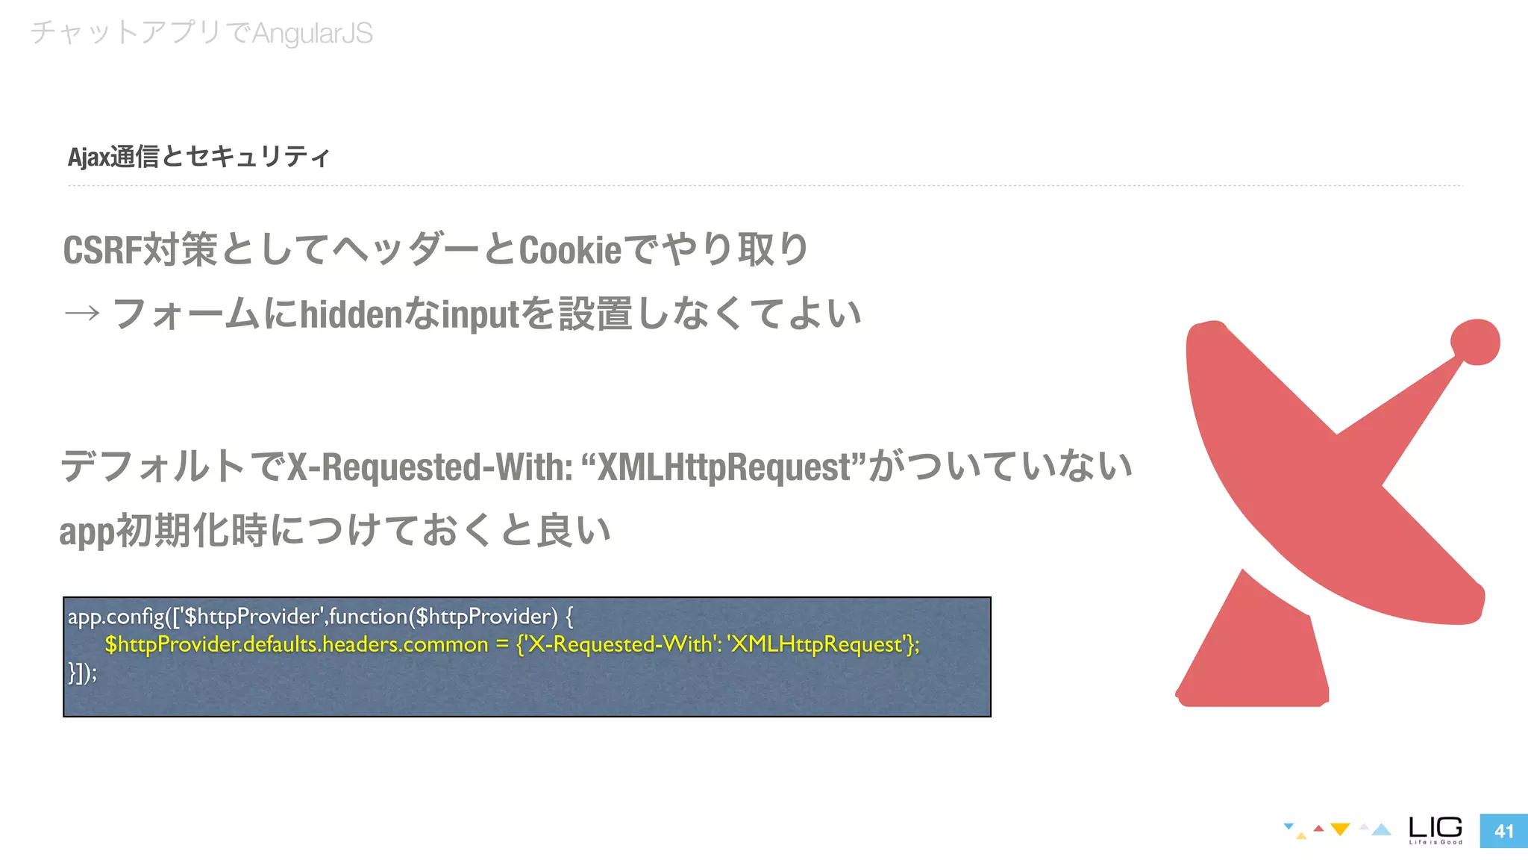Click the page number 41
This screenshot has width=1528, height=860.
coord(1503,831)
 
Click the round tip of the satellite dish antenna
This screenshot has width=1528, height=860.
coord(1475,342)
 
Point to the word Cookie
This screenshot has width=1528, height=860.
coord(570,250)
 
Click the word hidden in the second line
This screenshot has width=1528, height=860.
coord(351,314)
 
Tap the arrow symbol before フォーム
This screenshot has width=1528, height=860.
coord(82,313)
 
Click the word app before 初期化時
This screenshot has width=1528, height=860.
coord(87,532)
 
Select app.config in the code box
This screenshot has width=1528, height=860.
coord(116,617)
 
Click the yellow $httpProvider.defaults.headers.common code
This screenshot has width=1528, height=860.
coord(296,644)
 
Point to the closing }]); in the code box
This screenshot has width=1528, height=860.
coord(82,673)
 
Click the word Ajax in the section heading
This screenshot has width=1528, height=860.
coord(88,158)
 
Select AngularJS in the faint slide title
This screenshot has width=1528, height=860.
coord(313,34)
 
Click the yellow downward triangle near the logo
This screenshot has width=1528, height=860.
coord(1340,829)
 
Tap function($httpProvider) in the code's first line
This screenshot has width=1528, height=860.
coord(443,617)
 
